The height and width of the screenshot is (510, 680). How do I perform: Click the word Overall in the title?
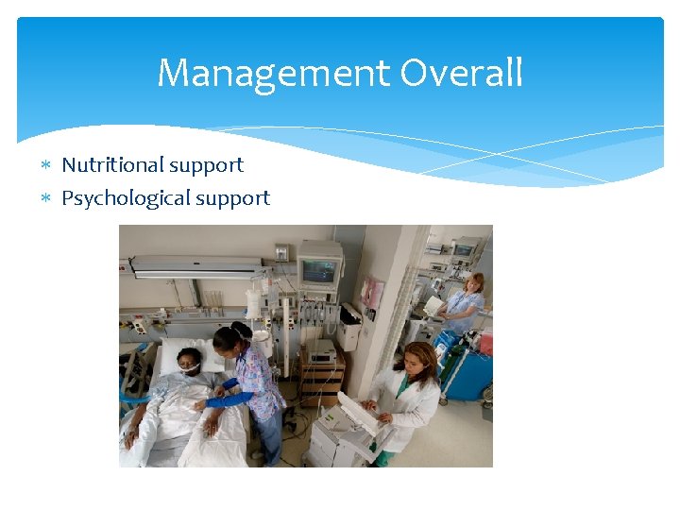462,74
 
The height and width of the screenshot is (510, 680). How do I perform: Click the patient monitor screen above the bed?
318,272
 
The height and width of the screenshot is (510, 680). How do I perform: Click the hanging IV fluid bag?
253,304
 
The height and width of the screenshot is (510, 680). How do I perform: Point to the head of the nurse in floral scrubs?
230,338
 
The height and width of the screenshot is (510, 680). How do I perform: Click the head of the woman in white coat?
419,359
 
